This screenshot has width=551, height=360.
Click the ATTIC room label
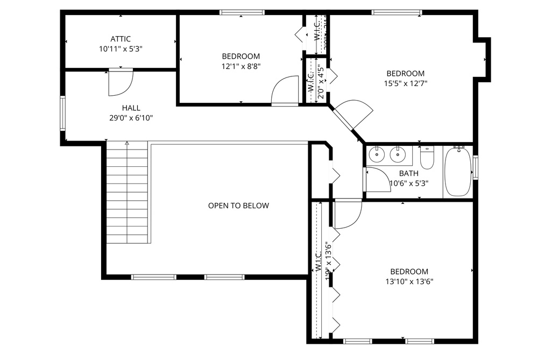tap(121, 39)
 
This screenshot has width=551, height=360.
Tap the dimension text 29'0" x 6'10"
tap(131, 118)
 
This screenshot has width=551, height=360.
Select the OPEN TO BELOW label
tap(238, 206)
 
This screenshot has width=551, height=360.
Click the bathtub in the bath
tap(457, 172)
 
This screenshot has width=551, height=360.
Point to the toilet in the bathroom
tap(427, 158)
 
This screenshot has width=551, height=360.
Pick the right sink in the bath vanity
tap(398, 156)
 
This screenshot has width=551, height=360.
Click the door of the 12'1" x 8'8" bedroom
tap(286, 90)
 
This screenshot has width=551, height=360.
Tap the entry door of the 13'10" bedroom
tap(348, 213)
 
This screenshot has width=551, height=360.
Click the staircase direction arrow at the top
tap(127, 144)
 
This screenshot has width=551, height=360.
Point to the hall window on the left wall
tap(63, 113)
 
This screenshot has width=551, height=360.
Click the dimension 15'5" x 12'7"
tap(405, 83)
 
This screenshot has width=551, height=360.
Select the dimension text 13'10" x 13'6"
tap(409, 281)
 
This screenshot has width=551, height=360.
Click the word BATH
tap(408, 173)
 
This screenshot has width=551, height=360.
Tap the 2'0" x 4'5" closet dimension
tap(320, 82)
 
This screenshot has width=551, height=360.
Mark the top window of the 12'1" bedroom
tap(242, 12)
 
